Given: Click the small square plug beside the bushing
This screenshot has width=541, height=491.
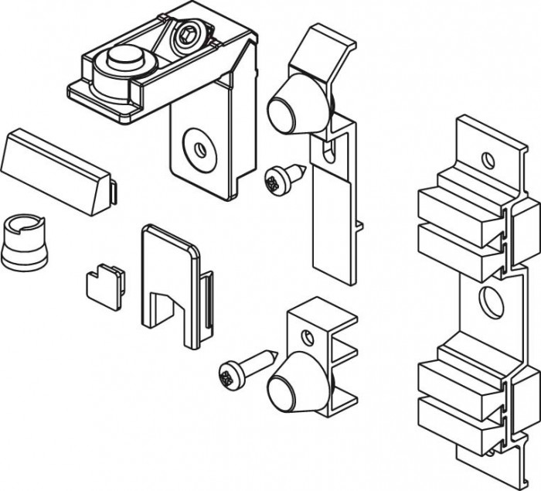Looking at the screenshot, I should pos(104,286).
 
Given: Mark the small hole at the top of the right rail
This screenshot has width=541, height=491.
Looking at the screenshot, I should pos(487,159).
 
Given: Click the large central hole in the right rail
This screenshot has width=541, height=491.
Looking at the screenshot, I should pos(489,301).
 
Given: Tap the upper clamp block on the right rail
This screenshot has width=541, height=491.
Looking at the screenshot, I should pos(461,224).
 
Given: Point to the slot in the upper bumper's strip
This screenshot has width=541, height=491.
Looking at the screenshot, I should pos(331,150).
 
